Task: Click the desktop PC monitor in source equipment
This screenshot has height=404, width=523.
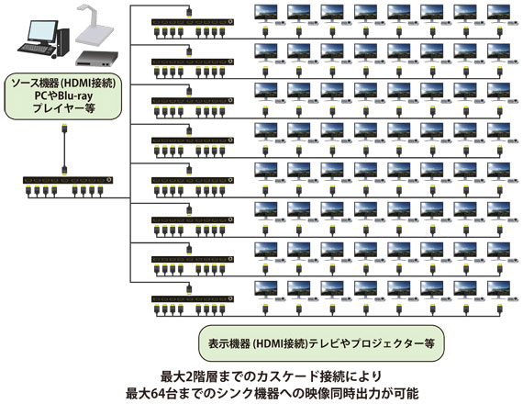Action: [41, 32]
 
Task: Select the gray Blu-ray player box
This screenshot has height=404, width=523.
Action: [96, 59]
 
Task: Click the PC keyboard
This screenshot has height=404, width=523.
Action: [36, 49]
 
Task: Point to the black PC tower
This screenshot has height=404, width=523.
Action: [63, 41]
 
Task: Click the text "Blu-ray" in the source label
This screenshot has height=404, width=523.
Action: [75, 95]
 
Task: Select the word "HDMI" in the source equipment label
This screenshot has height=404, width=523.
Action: [77, 84]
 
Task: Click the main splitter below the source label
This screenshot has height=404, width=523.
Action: [68, 180]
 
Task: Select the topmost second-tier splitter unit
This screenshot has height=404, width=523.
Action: [193, 22]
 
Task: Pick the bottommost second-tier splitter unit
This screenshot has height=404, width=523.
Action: [193, 298]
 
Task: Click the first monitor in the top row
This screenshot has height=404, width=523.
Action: [265, 14]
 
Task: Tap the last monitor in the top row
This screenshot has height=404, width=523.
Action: [498, 14]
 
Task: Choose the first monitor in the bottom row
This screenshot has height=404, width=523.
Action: [265, 291]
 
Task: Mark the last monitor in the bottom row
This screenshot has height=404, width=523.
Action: [498, 291]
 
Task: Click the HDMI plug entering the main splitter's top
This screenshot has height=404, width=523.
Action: [64, 170]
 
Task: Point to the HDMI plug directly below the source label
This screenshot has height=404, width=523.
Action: [65, 129]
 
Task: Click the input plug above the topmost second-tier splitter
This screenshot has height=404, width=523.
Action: [189, 12]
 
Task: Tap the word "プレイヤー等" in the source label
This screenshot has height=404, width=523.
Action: [64, 108]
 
